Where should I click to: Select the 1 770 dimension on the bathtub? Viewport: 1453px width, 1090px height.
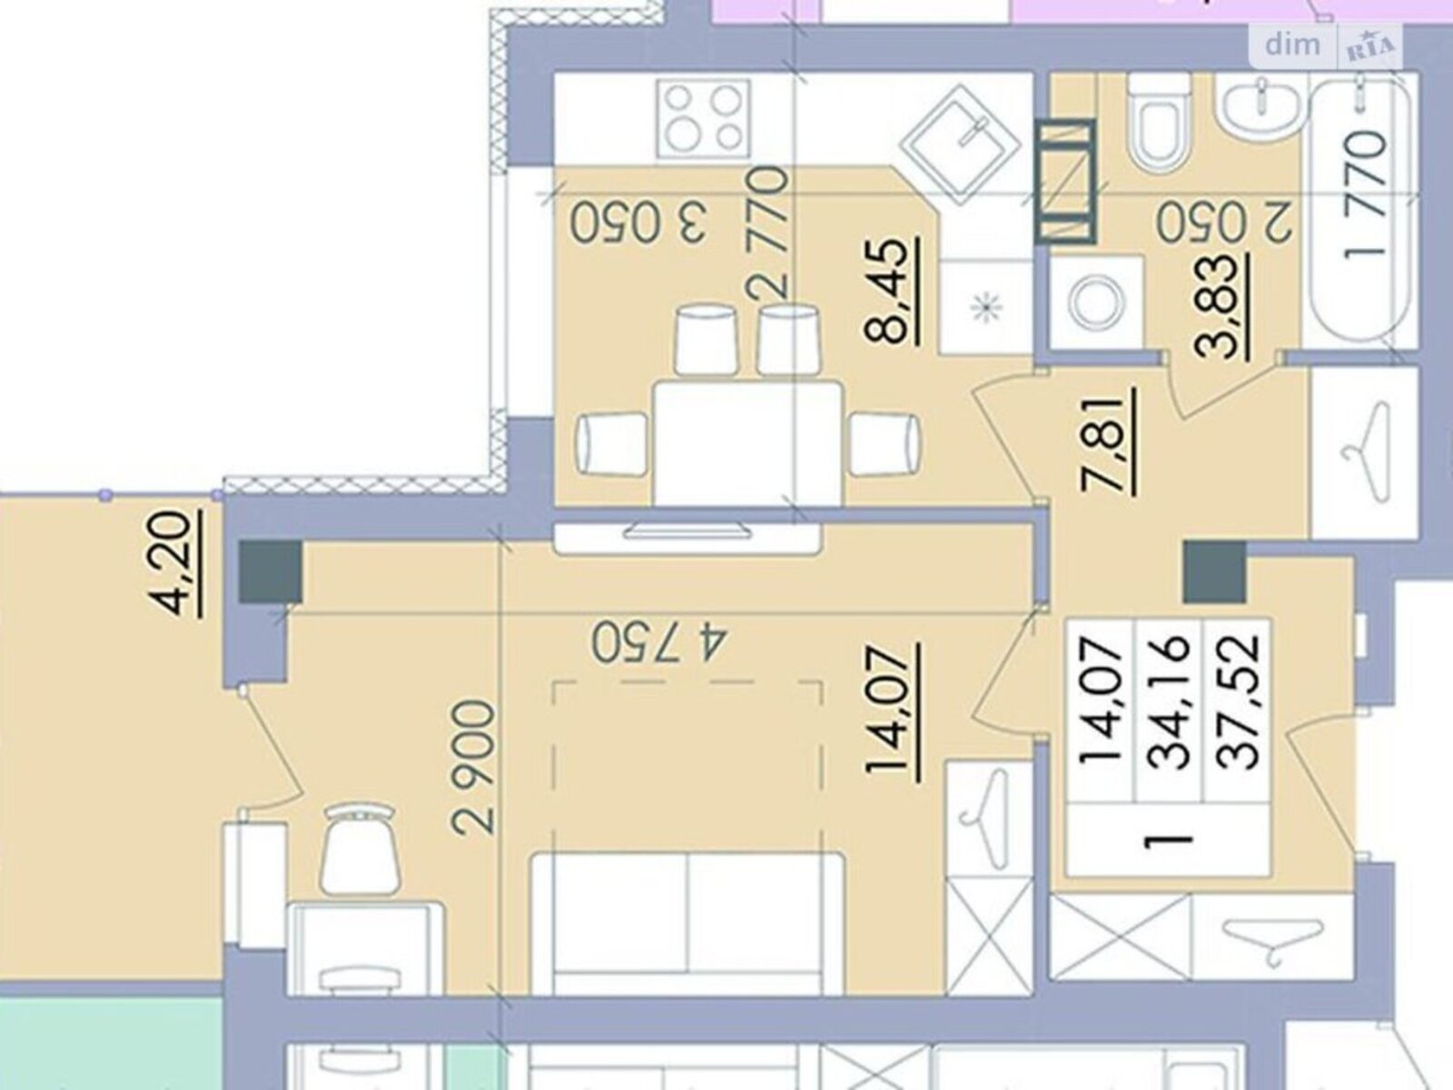pos(1364,196)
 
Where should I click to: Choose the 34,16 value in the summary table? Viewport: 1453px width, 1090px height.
pos(1169,702)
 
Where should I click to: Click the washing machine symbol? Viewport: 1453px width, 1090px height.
pos(1096,302)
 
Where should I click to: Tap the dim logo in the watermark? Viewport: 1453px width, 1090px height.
pos(1291,45)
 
